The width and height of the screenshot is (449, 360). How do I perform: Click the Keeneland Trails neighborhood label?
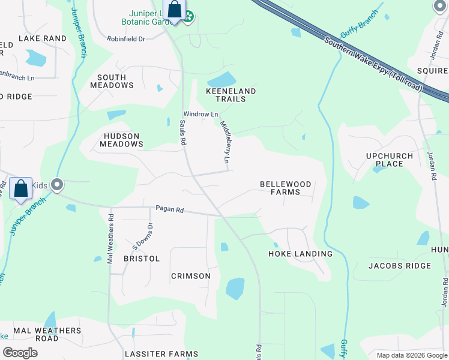231,95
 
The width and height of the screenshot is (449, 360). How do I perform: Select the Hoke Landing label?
300,254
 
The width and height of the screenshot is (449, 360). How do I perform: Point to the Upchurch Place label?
390,160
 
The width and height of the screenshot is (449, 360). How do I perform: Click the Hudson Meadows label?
121,140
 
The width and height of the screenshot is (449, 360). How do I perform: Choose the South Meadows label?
112,81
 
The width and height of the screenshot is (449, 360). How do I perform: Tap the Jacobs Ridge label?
400,265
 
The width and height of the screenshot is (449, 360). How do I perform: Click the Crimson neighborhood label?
191,276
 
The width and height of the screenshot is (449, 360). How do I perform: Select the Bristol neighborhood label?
142,259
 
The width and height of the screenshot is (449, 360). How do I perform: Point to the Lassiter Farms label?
161,355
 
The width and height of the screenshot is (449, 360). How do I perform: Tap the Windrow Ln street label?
200,114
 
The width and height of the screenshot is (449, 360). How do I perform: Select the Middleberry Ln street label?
225,143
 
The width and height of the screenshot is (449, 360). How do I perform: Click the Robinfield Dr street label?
126,39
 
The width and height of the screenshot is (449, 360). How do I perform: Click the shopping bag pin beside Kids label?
21,189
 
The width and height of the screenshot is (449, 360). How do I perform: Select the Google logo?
20,353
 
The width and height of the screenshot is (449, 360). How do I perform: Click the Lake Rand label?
42,38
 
